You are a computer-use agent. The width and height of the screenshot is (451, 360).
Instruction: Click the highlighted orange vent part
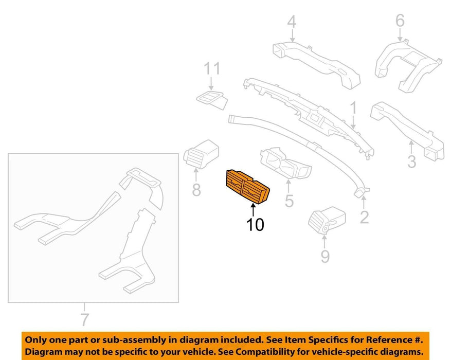pyautogui.click(x=247, y=187)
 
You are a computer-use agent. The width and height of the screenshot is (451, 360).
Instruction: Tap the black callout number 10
pyautogui.click(x=255, y=225)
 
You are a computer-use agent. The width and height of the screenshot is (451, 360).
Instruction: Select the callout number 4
pyautogui.click(x=292, y=22)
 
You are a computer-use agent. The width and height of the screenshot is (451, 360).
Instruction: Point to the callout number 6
pyautogui.click(x=400, y=21)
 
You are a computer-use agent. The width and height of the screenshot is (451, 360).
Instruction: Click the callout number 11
pyautogui.click(x=212, y=68)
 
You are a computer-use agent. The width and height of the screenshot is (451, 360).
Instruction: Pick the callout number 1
pyautogui.click(x=353, y=107)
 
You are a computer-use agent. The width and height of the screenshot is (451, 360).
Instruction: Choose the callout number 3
pyautogui.click(x=411, y=161)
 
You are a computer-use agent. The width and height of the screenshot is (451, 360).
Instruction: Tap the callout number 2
pyautogui.click(x=364, y=217)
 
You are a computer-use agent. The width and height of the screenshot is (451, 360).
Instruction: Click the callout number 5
pyautogui.click(x=289, y=201)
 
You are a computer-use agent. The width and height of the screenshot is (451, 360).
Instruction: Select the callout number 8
pyautogui.click(x=196, y=190)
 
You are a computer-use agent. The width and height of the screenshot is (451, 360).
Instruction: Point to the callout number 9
pyautogui.click(x=324, y=256)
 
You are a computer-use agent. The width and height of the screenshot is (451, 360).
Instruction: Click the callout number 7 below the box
pyautogui.click(x=84, y=319)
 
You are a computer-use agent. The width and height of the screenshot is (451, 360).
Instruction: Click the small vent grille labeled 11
pyautogui.click(x=212, y=101)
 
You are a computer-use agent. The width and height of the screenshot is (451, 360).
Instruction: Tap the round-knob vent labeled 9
pyautogui.click(x=327, y=221)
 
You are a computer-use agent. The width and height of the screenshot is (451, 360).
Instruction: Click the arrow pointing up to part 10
pyautogui.click(x=253, y=210)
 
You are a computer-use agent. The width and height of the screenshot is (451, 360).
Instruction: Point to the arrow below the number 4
pyautogui.click(x=292, y=36)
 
